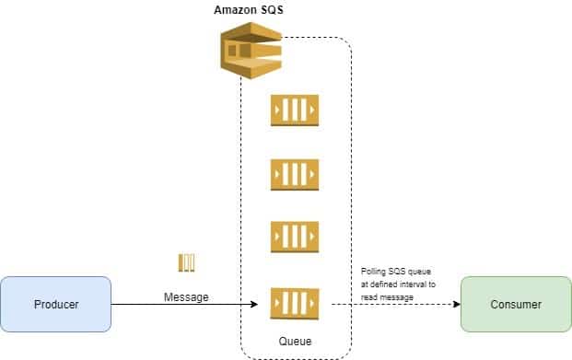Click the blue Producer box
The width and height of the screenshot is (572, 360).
56,304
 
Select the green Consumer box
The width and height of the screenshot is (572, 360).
516,304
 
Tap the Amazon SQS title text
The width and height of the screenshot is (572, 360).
249,10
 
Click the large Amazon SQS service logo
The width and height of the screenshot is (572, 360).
251,51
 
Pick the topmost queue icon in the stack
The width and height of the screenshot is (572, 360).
295,110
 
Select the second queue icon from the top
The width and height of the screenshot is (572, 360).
295,175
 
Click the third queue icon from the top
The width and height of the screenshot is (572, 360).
295,237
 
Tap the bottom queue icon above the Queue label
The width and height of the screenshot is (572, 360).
295,304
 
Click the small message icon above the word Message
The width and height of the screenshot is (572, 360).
186,262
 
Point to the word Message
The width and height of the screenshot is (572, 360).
186,297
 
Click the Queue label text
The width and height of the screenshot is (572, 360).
295,342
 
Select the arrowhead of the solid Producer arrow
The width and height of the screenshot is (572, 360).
254,304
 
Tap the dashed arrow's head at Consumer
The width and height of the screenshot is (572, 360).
456,304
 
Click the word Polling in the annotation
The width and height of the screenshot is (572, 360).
373,272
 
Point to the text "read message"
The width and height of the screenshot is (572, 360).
387,297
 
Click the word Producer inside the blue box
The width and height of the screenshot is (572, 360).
56,304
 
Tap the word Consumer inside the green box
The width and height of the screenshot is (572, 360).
516,304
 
